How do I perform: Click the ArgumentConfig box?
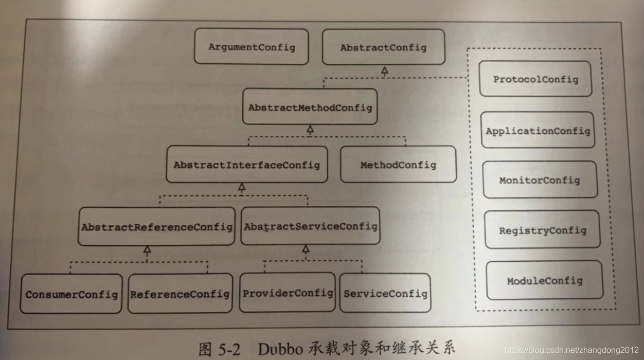coord(252,47)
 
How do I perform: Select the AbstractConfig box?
coord(383,47)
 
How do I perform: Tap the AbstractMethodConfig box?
coord(310,107)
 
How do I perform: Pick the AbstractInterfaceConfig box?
coord(246,165)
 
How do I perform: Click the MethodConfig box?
coord(398,165)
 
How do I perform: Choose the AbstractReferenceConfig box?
coord(156,226)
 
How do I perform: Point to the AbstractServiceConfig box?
coord(310,226)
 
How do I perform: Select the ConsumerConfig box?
coord(71,294)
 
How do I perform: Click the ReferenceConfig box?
coord(180,294)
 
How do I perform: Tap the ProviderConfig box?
coord(287,293)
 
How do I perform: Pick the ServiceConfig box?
coord(385,293)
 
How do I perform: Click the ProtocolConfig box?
coord(535,79)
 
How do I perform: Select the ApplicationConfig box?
coord(538,130)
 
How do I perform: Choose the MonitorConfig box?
coord(540,179)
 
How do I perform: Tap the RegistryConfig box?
coord(542,229)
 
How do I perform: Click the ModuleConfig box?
coord(544,280)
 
